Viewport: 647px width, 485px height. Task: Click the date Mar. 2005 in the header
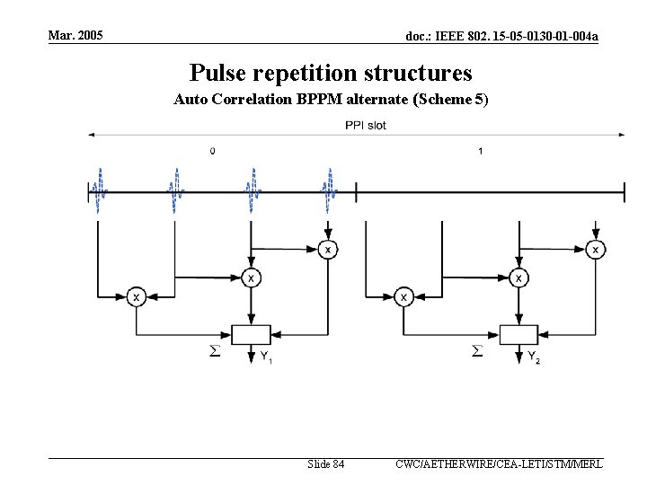tap(75, 35)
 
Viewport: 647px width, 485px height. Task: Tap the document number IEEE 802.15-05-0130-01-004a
tap(502, 36)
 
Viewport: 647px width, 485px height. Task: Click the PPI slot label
tap(366, 125)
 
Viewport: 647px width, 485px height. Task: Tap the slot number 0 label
tap(212, 151)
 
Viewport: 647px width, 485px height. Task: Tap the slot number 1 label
tap(480, 151)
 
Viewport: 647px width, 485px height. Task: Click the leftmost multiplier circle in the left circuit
tap(136, 296)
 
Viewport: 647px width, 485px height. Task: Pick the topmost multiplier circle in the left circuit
tap(329, 249)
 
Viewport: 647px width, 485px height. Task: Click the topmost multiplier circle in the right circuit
tap(595, 249)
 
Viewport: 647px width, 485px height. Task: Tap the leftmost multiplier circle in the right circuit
tap(403, 296)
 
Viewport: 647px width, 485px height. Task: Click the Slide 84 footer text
tap(325, 464)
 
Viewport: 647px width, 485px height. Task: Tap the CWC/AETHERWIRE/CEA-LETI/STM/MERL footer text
tap(499, 464)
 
